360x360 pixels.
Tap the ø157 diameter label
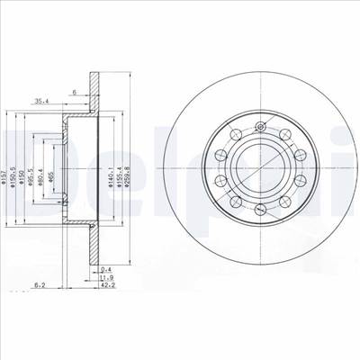pos(6,163)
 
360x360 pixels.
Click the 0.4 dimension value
pos(106,269)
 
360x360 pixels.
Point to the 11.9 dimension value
pos(106,278)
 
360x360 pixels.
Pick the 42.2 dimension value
pos(106,287)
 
